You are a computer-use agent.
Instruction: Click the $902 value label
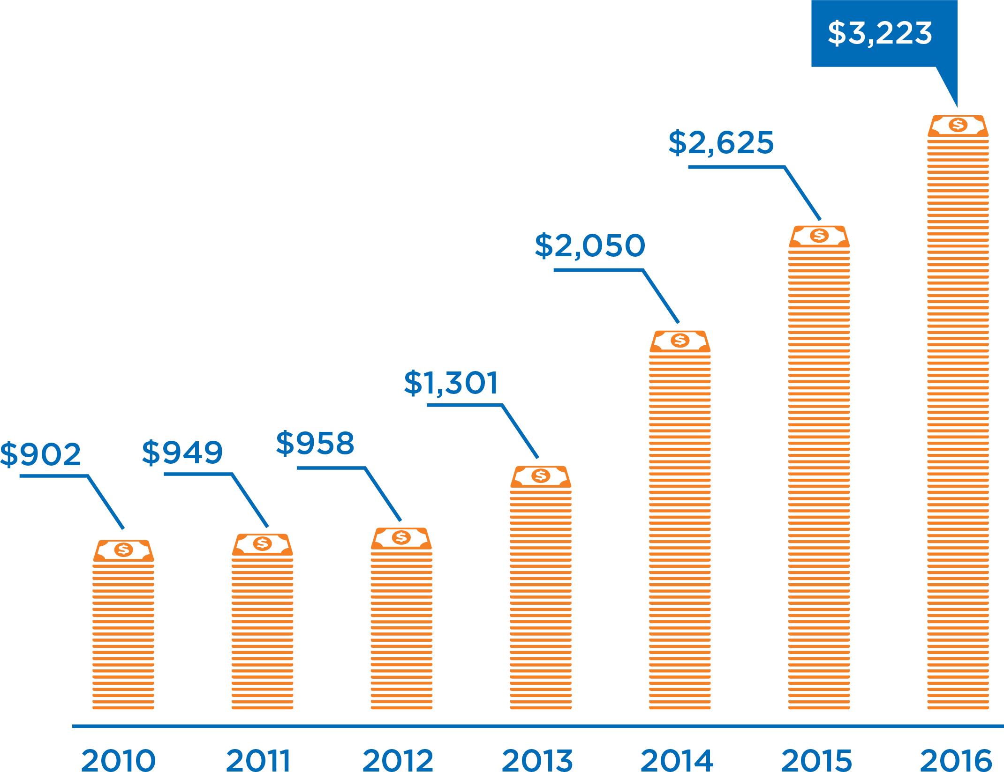[41, 454]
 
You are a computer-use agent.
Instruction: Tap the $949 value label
[182, 453]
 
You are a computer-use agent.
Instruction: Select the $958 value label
[315, 444]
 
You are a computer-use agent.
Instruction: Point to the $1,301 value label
[451, 383]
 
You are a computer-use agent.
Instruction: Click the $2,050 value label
[590, 246]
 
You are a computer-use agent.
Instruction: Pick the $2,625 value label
[721, 143]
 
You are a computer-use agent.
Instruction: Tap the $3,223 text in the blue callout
[880, 33]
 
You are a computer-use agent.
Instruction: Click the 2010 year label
[118, 760]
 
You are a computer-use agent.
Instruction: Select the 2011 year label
[258, 760]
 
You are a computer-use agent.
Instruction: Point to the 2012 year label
[398, 760]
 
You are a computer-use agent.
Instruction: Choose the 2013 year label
[537, 760]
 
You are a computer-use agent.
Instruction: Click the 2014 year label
[677, 760]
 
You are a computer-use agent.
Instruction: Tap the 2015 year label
[816, 760]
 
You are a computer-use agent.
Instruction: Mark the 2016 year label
[956, 760]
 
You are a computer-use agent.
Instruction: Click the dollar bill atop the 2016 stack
[958, 126]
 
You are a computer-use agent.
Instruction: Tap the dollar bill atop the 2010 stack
[123, 550]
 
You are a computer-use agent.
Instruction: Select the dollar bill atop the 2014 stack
[680, 341]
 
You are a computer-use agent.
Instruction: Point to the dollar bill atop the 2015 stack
[819, 236]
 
